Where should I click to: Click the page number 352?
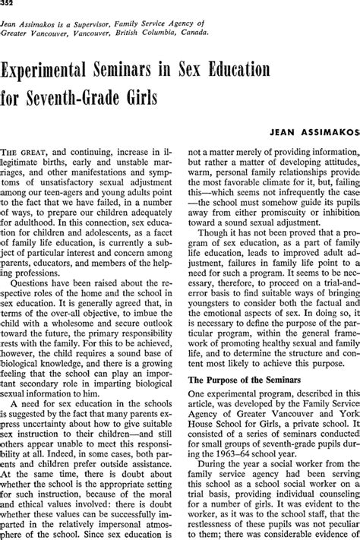[9, 7]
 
